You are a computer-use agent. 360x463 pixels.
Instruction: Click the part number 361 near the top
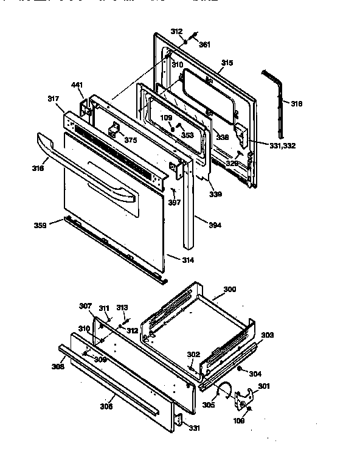tap(205, 44)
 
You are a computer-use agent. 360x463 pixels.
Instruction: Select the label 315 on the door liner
tap(227, 63)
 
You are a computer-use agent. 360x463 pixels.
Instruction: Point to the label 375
tap(130, 141)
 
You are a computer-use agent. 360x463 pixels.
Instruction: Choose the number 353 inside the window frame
tap(187, 135)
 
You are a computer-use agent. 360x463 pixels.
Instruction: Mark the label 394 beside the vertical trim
tap(215, 225)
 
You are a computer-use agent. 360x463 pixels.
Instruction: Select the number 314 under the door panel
tap(188, 259)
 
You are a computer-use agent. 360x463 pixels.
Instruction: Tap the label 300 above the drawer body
tap(230, 289)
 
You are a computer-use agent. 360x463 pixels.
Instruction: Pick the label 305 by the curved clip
tap(209, 405)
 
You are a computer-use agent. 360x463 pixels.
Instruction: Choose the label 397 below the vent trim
tap(174, 202)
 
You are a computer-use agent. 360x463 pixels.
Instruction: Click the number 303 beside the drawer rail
tap(268, 335)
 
